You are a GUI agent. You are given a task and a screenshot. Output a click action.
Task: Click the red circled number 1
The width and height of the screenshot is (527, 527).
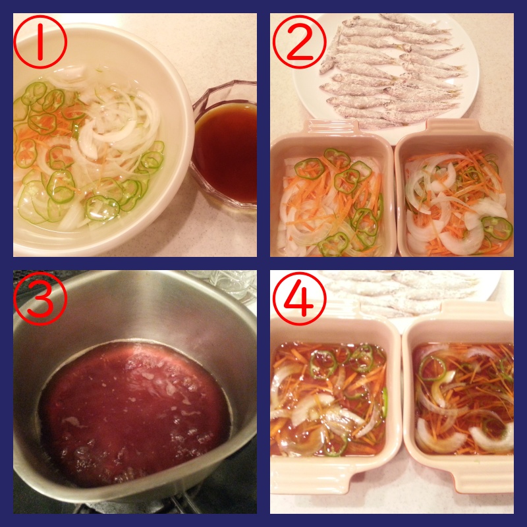click(x=40, y=42)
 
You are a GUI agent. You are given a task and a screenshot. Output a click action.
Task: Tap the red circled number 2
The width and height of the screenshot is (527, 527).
click(x=299, y=42)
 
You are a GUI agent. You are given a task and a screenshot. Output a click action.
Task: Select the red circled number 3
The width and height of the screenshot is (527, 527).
click(x=40, y=299)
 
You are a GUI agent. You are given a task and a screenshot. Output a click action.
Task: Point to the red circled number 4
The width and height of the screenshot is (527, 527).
click(x=299, y=299)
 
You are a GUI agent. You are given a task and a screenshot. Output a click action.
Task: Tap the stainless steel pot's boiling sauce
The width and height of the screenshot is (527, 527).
click(x=134, y=414)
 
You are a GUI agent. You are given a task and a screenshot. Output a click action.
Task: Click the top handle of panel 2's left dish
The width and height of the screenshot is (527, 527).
click(x=331, y=127)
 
